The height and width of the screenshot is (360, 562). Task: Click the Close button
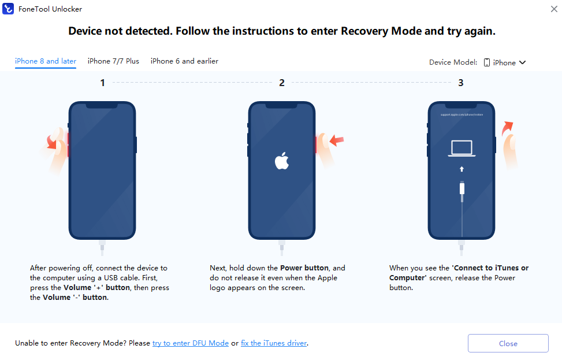(508, 343)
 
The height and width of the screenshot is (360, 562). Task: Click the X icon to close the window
(554, 9)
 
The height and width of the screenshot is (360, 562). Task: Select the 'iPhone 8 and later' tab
(46, 61)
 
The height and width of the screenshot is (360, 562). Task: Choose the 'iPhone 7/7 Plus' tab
(113, 61)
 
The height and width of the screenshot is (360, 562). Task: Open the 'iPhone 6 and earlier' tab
(184, 61)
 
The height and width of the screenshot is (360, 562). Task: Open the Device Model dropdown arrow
(523, 62)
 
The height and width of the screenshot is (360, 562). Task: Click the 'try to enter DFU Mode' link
(191, 343)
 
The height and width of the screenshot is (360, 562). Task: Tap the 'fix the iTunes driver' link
(274, 343)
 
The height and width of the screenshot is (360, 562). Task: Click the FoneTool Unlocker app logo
(8, 9)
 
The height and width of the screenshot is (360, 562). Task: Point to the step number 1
(102, 83)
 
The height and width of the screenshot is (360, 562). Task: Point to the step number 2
(282, 83)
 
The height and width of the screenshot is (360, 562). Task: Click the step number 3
(461, 83)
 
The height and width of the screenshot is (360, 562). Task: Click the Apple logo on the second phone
(282, 160)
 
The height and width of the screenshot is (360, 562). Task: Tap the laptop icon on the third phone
(461, 149)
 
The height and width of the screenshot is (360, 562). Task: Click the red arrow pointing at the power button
(337, 140)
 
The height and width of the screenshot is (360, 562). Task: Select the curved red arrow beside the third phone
(507, 128)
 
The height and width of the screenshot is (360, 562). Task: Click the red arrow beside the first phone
(52, 142)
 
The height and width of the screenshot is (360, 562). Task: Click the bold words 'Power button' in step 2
(304, 268)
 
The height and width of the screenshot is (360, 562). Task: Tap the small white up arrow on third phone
(461, 169)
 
